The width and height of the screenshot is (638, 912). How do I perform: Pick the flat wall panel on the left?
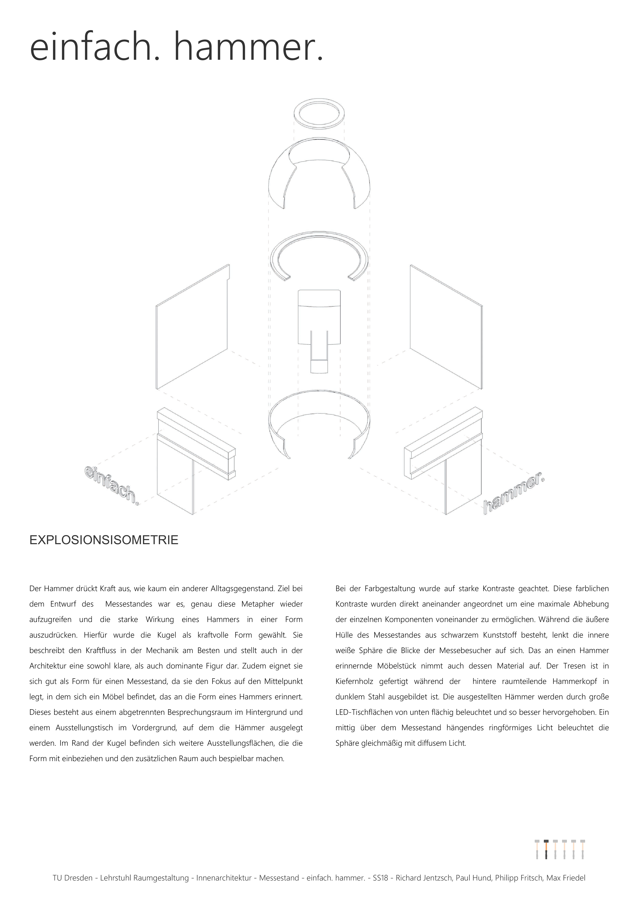193,326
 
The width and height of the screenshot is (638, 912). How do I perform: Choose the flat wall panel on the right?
446,326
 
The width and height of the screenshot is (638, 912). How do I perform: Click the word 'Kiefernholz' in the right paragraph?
354,681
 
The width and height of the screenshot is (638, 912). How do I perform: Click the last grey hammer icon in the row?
582,850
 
